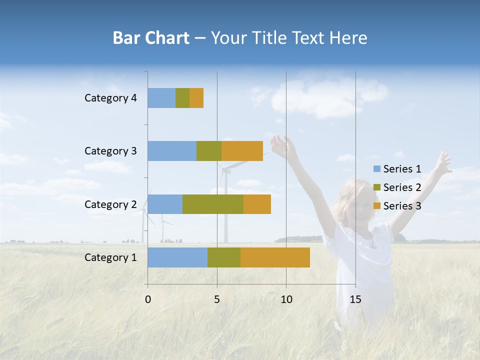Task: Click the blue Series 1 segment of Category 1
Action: [x=177, y=257]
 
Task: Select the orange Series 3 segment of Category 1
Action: [x=275, y=257]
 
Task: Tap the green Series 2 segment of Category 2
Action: [x=213, y=204]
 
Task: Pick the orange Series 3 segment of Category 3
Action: [x=242, y=151]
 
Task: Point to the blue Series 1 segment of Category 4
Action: [x=161, y=98]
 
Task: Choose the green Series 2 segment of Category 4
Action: [x=182, y=98]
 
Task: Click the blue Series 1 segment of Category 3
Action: [x=172, y=151]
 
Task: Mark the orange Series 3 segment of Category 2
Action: [x=257, y=204]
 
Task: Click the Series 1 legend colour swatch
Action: [x=376, y=169]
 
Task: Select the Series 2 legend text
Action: [x=402, y=187]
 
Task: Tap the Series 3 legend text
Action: [x=402, y=206]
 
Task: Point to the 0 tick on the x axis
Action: [x=148, y=299]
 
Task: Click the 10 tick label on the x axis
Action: [x=286, y=299]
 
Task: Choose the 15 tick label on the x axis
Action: [x=355, y=299]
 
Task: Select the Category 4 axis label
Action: [x=110, y=98]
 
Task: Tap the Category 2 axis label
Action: [x=110, y=204]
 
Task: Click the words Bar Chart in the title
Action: [x=151, y=38]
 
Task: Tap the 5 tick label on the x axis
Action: [x=217, y=299]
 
